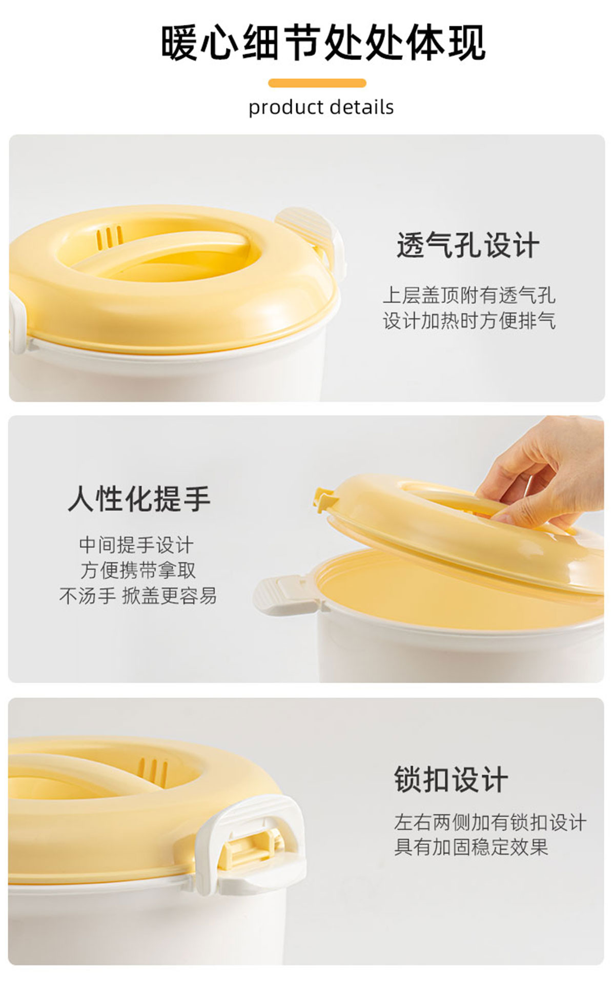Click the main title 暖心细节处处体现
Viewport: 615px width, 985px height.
[323, 43]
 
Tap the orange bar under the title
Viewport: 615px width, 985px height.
[317, 83]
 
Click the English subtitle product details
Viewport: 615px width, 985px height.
[321, 108]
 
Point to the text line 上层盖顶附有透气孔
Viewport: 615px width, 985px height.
[469, 295]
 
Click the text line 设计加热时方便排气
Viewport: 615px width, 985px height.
[469, 321]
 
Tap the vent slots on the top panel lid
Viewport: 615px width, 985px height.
[110, 237]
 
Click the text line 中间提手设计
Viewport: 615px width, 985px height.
[137, 545]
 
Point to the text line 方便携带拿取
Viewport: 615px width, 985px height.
[138, 570]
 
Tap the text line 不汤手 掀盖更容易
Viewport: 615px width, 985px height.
[138, 596]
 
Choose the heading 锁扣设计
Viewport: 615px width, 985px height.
[451, 780]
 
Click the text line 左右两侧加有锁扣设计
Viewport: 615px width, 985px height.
[490, 822]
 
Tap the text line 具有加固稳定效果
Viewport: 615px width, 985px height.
[471, 847]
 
